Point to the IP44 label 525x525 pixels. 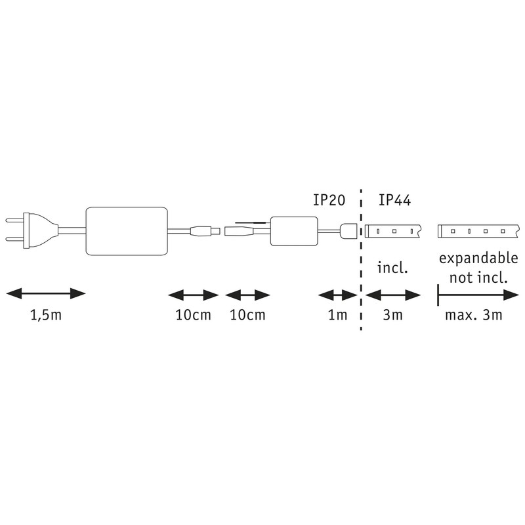pyautogui.click(x=394, y=199)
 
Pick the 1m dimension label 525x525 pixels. pyautogui.click(x=337, y=316)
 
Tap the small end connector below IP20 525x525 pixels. pyautogui.click(x=348, y=230)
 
